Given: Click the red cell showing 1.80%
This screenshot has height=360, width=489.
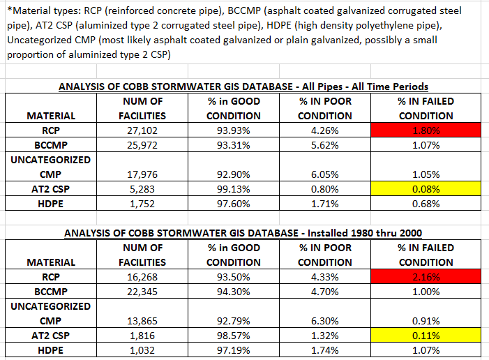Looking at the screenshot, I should pos(426,130).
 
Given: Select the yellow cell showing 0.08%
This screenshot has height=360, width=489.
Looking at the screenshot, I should pos(426,188).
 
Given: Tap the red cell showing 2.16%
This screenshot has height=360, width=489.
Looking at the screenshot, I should pos(426,277).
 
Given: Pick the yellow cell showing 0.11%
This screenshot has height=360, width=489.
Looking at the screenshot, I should pos(426,335).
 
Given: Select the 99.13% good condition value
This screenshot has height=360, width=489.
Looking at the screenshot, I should pos(234,188).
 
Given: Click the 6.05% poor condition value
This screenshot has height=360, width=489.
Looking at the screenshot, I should pos(324,174).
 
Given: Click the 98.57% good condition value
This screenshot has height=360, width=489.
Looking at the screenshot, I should pos(234,335).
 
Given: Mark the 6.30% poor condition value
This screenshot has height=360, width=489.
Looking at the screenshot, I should pos(324,320).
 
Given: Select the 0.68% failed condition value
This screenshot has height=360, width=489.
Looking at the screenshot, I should pos(426,203).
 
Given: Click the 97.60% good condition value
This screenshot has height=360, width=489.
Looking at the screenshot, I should pos(234,203).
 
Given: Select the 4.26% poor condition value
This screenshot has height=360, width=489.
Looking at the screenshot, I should pos(324,130).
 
